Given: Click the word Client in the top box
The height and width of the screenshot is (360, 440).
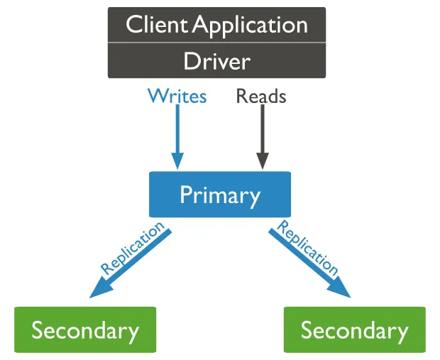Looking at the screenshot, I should (157, 25).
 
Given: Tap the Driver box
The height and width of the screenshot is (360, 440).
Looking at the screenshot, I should (216, 61).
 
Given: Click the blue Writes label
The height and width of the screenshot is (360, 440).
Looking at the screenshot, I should (177, 96).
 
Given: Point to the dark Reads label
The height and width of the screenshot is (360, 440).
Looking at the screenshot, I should (261, 96).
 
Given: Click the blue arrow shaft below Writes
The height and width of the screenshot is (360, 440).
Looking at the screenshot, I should (177, 131).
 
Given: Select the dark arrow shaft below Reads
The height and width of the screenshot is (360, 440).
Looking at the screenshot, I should (262, 131).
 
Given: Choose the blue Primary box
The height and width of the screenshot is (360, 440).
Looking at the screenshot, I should (219, 194).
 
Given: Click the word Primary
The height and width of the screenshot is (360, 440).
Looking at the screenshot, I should (219, 195).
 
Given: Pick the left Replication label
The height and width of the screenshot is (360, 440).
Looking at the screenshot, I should (132, 249).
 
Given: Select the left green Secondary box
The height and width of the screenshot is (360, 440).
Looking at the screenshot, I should (85, 330).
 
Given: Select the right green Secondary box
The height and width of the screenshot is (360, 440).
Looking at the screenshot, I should (354, 330).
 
